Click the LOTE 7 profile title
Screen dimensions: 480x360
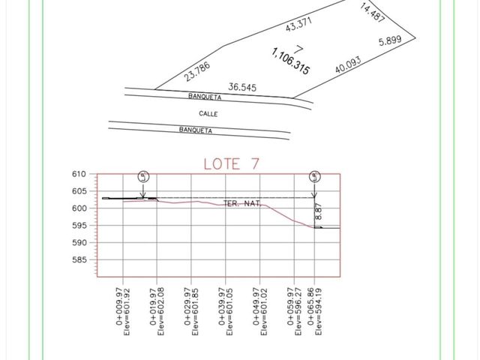(x=232, y=163)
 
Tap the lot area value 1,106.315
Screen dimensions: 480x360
(x=290, y=61)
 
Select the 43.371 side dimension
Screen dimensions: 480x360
(x=298, y=24)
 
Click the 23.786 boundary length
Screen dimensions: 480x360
(x=197, y=71)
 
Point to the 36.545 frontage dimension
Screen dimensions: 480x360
(x=242, y=87)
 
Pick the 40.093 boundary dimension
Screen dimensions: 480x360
(x=348, y=64)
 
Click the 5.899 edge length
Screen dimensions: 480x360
(x=390, y=40)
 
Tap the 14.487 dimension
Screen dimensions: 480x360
(x=372, y=13)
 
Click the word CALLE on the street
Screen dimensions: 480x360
(x=208, y=114)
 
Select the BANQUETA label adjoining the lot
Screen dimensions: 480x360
(x=205, y=97)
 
